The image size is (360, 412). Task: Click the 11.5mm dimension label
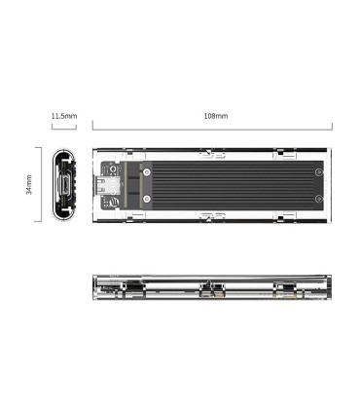64,116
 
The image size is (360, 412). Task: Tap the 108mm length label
215,116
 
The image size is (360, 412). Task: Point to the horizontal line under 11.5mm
64,127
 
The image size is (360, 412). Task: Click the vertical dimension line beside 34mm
40,185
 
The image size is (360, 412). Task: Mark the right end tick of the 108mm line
332,127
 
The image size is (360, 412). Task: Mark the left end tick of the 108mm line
92,127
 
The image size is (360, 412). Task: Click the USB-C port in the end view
64,185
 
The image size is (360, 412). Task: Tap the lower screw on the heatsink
147,201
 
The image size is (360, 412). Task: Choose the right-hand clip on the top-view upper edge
281,152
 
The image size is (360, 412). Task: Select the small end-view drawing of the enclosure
64,185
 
